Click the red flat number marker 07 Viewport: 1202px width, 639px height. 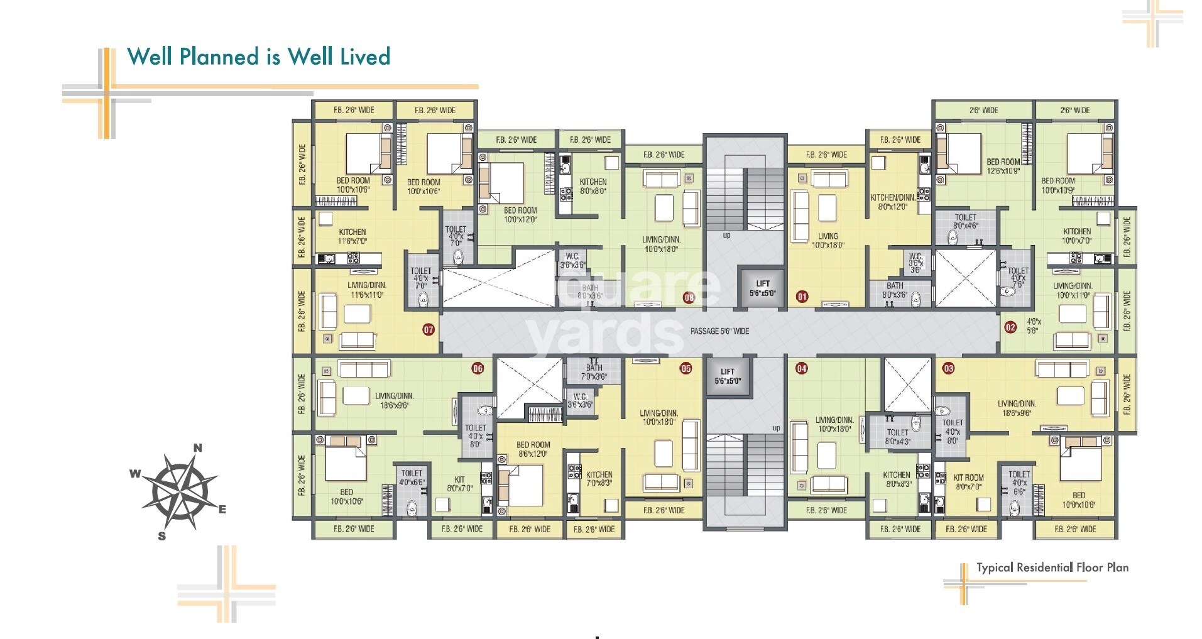(x=429, y=329)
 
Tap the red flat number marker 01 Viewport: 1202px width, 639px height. (x=802, y=296)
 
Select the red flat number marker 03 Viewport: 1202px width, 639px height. (x=948, y=368)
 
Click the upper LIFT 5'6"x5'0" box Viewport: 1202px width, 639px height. (x=762, y=288)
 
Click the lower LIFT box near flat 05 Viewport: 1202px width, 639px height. (x=727, y=376)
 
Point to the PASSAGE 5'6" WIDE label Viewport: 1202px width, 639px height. (x=719, y=331)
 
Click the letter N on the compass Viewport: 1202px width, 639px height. (x=197, y=448)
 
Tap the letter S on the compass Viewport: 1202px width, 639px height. (x=162, y=536)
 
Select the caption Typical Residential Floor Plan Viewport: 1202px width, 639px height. (x=1052, y=567)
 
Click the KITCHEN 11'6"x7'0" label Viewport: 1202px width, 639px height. (x=352, y=236)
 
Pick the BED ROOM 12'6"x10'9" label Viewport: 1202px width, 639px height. (x=1003, y=166)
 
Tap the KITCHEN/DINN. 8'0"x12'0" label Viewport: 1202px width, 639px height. (x=892, y=202)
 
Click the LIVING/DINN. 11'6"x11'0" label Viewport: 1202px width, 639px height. (x=367, y=290)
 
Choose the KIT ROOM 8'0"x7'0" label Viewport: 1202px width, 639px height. (x=968, y=482)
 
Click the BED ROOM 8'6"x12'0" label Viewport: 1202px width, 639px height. (x=533, y=449)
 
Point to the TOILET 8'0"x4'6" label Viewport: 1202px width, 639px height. (x=965, y=221)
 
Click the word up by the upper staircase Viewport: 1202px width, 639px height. (x=726, y=236)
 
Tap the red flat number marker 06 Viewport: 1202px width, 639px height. (x=478, y=368)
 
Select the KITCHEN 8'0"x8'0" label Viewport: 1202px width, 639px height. (x=593, y=186)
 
